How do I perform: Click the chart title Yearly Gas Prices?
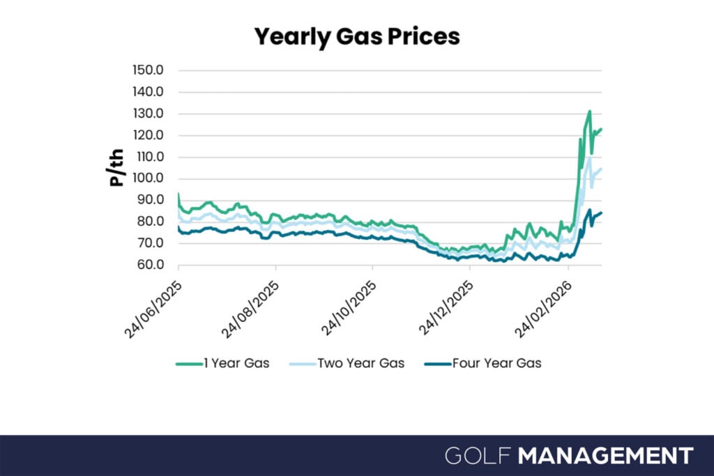click(x=357, y=37)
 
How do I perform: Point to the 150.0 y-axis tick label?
click(x=148, y=70)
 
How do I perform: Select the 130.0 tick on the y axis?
click(x=148, y=114)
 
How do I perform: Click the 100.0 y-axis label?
click(x=148, y=178)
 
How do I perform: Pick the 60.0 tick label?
click(x=151, y=264)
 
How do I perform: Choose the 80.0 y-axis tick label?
click(x=151, y=221)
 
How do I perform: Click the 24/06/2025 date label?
click(x=153, y=309)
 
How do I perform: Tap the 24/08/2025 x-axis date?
click(x=250, y=309)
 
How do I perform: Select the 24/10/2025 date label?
click(x=349, y=309)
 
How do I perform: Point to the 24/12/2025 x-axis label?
click(x=446, y=309)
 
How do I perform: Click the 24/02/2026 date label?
click(x=542, y=309)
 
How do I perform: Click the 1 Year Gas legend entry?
click(x=222, y=363)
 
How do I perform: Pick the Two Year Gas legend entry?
click(x=347, y=363)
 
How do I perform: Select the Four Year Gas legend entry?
click(x=483, y=363)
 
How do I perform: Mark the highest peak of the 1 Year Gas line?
click(x=590, y=111)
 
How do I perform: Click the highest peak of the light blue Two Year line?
click(x=590, y=158)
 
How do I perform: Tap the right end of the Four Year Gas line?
click(x=601, y=213)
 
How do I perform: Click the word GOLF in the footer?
click(x=478, y=456)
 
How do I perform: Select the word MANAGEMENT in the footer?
click(x=606, y=456)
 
